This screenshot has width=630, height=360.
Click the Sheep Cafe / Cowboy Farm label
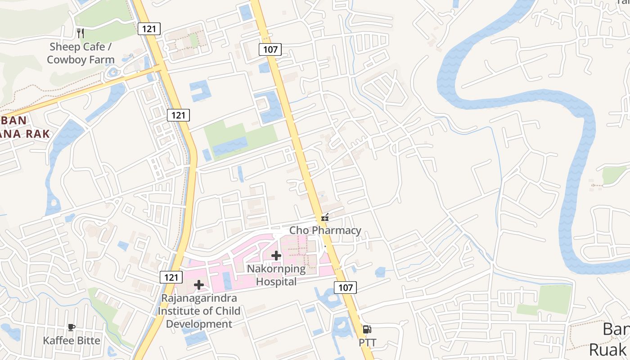(x=81, y=53)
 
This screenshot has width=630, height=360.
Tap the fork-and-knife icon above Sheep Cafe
(x=81, y=33)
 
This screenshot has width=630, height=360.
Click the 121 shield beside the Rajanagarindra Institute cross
(x=171, y=277)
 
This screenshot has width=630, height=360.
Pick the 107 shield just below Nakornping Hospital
(x=346, y=287)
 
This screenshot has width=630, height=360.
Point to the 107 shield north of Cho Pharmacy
(x=270, y=49)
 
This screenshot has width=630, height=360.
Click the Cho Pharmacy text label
(x=325, y=230)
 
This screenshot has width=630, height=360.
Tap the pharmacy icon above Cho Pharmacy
(x=325, y=218)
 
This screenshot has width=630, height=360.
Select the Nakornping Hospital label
(x=276, y=275)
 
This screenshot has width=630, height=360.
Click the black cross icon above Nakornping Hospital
(x=276, y=256)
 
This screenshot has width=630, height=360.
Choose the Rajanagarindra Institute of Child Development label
(x=201, y=310)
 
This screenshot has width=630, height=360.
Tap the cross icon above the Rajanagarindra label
(x=199, y=284)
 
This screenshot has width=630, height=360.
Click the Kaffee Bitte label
(x=72, y=340)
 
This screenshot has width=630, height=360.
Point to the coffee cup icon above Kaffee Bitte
(x=71, y=327)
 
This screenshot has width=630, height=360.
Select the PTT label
(x=367, y=343)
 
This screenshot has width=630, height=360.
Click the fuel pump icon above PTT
(x=367, y=329)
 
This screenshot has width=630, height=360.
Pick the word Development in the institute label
(x=199, y=324)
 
